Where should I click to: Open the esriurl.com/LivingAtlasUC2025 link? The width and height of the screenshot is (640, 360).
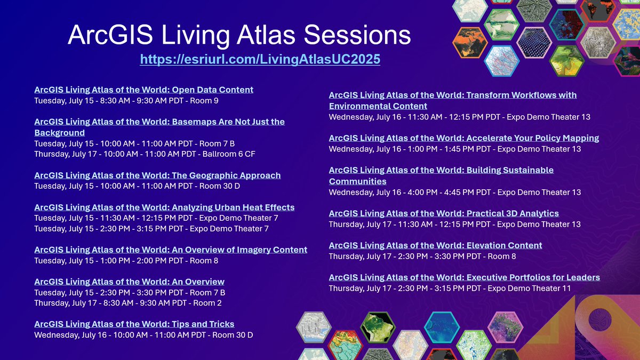pyautogui.click(x=260, y=59)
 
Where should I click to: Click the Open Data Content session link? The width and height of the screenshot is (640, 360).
pyautogui.click(x=143, y=90)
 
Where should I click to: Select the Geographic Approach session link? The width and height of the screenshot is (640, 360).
pyautogui.click(x=157, y=175)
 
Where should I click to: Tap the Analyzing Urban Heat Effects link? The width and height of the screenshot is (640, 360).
pyautogui.click(x=164, y=207)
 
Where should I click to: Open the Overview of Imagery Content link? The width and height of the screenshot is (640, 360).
pyautogui.click(x=171, y=250)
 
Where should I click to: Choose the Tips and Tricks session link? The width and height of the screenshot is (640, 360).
pyautogui.click(x=134, y=324)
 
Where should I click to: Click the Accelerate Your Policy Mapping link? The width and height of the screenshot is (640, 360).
pyautogui.click(x=463, y=138)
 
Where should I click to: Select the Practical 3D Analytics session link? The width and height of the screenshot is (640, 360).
pyautogui.click(x=444, y=213)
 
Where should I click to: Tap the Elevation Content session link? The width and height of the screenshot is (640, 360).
pyautogui.click(x=435, y=245)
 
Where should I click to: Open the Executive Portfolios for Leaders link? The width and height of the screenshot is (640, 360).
pyautogui.click(x=464, y=277)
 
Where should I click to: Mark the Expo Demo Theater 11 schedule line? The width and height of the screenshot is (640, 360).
pyautogui.click(x=450, y=289)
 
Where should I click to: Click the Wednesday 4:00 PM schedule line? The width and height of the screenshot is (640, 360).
pyautogui.click(x=454, y=193)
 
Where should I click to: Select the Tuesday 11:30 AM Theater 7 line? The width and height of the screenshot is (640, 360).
pyautogui.click(x=156, y=218)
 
